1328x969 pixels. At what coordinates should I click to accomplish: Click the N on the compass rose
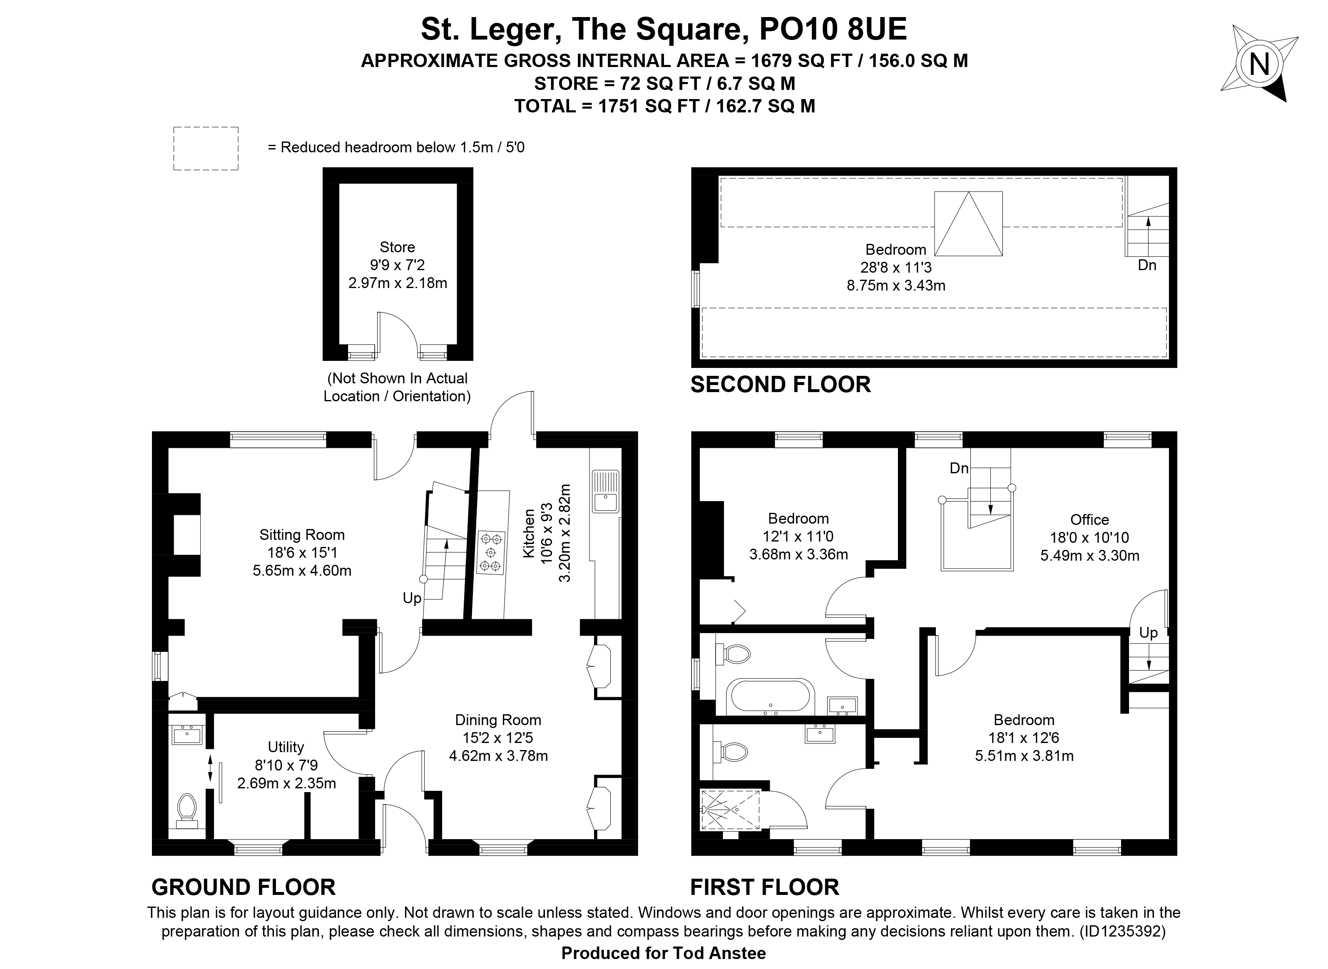point(1259,64)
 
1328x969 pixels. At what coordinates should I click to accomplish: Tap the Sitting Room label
point(302,534)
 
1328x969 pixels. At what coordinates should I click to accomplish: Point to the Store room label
point(397,247)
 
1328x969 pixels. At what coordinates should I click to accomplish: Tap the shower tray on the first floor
point(730,810)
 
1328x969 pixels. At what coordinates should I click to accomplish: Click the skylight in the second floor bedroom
point(968,224)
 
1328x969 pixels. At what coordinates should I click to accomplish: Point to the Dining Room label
point(498,720)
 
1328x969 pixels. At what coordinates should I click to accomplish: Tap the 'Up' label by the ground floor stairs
point(412,598)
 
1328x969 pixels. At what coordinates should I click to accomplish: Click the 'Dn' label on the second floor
point(1147,265)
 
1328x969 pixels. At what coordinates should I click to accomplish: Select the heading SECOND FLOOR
point(781,385)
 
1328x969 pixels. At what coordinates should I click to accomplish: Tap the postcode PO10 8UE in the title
point(833,29)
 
